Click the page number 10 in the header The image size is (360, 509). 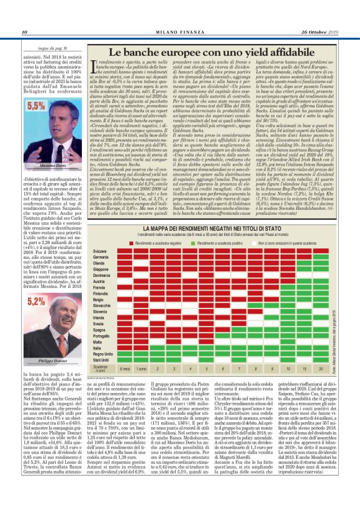click(x=24, y=32)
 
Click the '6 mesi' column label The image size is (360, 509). click(x=124, y=369)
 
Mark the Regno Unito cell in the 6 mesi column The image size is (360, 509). click(x=124, y=353)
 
